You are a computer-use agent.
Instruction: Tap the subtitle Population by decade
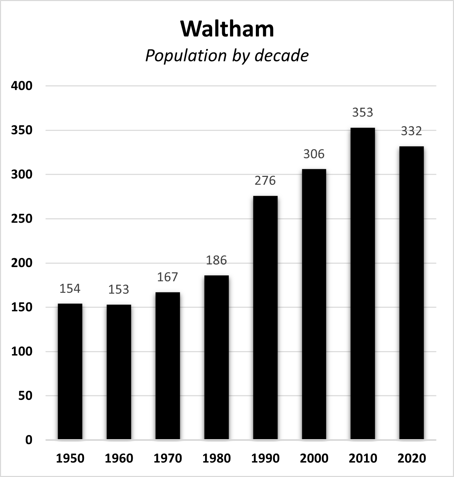coord(227,56)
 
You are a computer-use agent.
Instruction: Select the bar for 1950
coord(70,372)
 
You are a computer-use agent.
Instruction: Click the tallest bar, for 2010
coord(363,284)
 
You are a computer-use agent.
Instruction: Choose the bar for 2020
coord(411,293)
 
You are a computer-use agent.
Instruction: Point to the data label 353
coord(363,113)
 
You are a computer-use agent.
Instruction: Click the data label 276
coord(265,181)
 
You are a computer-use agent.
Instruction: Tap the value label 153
coord(119,290)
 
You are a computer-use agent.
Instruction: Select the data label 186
coord(216,260)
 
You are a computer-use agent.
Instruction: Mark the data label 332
coord(411,131)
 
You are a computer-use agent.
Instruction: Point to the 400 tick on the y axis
coord(22,86)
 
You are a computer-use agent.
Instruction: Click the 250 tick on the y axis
coord(22,219)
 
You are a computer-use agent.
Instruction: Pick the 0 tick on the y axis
coord(29,440)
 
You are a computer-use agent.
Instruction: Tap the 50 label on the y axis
coord(25,396)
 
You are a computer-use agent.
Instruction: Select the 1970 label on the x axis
coord(167,458)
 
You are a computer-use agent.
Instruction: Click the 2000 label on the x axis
coord(314,458)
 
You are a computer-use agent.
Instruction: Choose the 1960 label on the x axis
coord(119,458)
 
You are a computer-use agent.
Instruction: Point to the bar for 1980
coord(216,358)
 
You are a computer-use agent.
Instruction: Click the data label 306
coord(314,154)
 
